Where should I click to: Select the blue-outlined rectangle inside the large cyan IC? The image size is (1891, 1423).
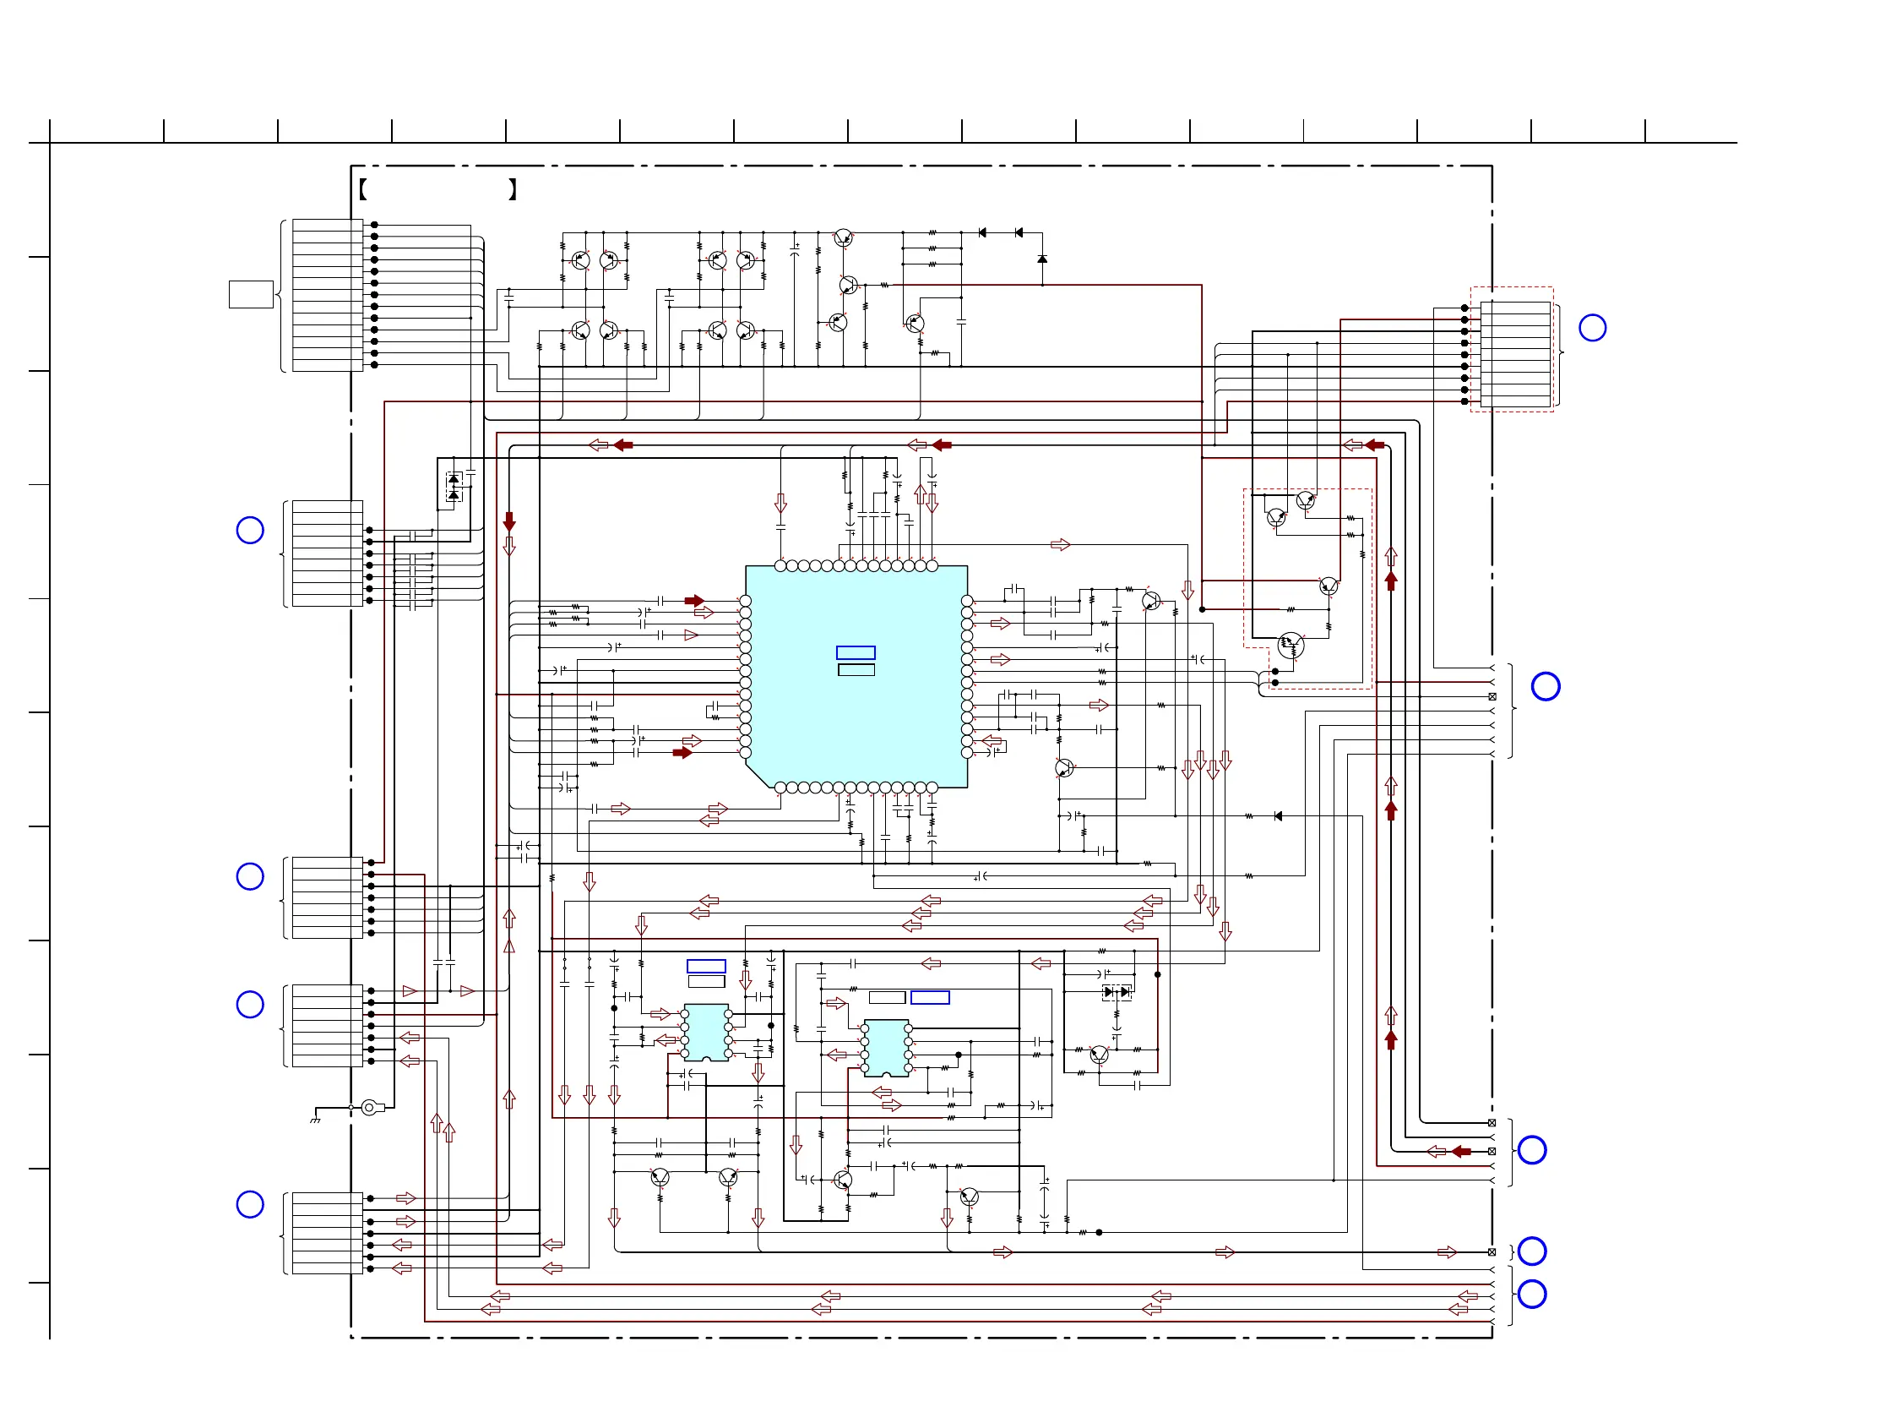855,652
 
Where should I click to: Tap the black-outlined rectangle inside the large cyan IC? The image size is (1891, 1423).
856,669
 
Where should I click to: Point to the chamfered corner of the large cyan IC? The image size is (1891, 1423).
758,775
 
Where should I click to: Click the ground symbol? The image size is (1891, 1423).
316,1119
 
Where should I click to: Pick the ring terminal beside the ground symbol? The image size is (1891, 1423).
368,1108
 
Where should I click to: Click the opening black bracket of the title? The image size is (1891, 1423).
363,190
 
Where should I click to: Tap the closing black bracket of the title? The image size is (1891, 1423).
512,190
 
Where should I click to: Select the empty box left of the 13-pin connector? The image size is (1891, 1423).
251,294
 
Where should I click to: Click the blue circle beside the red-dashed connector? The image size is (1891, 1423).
1592,328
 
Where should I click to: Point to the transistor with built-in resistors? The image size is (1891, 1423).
1290,645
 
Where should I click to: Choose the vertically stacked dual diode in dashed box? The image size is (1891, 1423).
454,488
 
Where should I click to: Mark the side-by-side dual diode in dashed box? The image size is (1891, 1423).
1117,992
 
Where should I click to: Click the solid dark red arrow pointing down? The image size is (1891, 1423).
509,521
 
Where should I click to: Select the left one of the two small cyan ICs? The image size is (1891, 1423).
706,1033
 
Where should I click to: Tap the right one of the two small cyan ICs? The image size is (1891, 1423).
886,1048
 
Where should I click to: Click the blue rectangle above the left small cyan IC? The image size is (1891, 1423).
706,967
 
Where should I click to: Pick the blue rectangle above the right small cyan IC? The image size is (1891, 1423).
930,997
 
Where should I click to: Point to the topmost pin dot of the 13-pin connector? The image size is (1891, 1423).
374,225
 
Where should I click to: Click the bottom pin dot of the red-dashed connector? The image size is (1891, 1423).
1464,401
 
